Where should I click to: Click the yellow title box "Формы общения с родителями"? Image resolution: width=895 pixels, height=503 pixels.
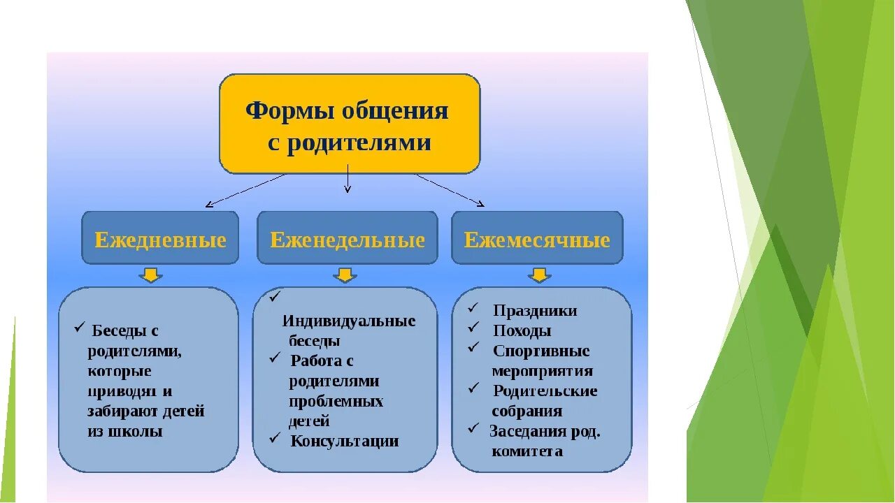pyautogui.click(x=350, y=124)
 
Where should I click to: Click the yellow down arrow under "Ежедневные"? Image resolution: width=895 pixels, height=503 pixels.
pyautogui.click(x=150, y=275)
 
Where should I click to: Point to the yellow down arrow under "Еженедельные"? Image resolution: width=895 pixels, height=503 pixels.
pyautogui.click(x=344, y=275)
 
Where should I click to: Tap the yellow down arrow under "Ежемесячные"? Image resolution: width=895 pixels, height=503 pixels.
pyautogui.click(x=538, y=275)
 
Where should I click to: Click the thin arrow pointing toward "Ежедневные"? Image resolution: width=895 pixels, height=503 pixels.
pyautogui.click(x=245, y=191)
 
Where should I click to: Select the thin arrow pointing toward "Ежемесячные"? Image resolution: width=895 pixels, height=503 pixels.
pyautogui.click(x=451, y=191)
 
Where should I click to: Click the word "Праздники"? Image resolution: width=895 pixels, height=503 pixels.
pyautogui.click(x=535, y=311)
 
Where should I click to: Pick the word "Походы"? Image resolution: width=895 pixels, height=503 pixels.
pyautogui.click(x=522, y=331)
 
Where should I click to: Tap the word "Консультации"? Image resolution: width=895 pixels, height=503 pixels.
pyautogui.click(x=345, y=441)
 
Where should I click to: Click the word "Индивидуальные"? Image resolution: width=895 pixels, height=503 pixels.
pyautogui.click(x=349, y=321)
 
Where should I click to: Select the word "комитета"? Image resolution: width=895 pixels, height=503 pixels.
pyautogui.click(x=527, y=451)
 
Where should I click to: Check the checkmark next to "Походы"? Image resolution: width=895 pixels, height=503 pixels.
pyautogui.click(x=474, y=327)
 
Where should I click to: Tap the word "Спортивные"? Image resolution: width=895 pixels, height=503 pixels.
pyautogui.click(x=541, y=351)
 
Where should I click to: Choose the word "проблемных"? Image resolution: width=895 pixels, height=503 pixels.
pyautogui.click(x=336, y=402)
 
